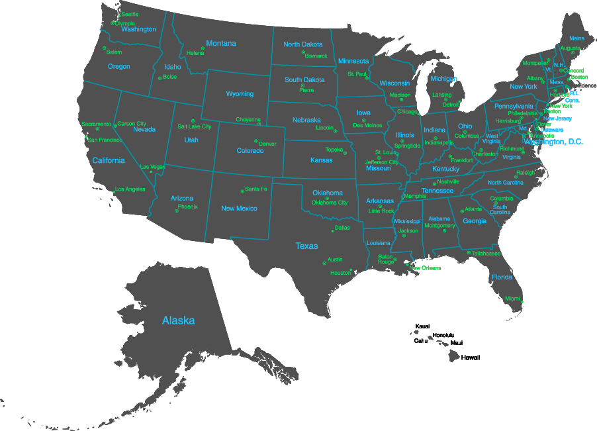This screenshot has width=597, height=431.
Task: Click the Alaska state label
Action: pyautogui.click(x=179, y=320)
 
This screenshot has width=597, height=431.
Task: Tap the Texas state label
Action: pyautogui.click(x=306, y=246)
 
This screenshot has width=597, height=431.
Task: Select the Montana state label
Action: pyautogui.click(x=221, y=44)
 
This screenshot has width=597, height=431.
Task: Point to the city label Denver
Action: pyautogui.click(x=267, y=144)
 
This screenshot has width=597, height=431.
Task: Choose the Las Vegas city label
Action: pyautogui.click(x=152, y=167)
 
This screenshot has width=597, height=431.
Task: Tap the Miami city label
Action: pyautogui.click(x=512, y=299)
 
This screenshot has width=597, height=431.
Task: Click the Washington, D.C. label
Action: pyautogui.click(x=553, y=142)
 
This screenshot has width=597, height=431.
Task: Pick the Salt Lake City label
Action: pyautogui.click(x=195, y=126)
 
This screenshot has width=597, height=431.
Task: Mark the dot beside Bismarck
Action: pyautogui.click(x=303, y=52)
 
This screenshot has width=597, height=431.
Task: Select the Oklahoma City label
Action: pyautogui.click(x=330, y=203)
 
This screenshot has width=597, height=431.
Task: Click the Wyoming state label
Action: pyautogui.click(x=240, y=94)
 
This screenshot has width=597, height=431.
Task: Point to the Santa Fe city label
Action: pyautogui.click(x=256, y=189)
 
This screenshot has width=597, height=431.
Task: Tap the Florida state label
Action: pyautogui.click(x=502, y=277)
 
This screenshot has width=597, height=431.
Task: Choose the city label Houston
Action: pyautogui.click(x=340, y=273)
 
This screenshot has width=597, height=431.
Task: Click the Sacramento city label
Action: pyautogui.click(x=96, y=124)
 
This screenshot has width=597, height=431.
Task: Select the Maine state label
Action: pyautogui.click(x=577, y=38)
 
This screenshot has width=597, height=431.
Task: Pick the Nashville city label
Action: pyautogui.click(x=448, y=181)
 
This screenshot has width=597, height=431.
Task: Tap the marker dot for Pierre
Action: pyautogui.click(x=302, y=85)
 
